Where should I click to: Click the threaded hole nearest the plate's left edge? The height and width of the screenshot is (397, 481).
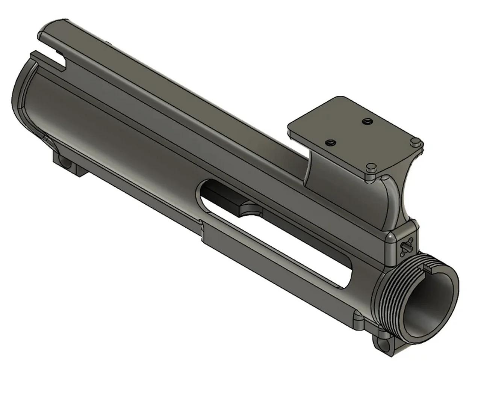point(330,143)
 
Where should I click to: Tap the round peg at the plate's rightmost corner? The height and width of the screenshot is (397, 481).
point(415,142)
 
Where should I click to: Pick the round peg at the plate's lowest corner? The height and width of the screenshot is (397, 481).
point(371,166)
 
